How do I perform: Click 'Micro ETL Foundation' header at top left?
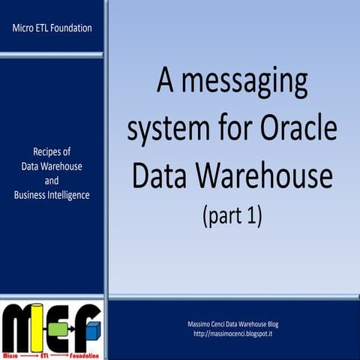coord(52,28)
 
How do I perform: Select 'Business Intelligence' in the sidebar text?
coord(52,195)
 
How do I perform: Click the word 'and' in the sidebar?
coord(52,181)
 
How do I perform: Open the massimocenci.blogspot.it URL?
coord(232,332)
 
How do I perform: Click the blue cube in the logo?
coord(93,328)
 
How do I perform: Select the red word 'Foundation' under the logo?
coord(82,352)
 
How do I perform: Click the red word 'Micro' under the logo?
coord(13,352)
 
